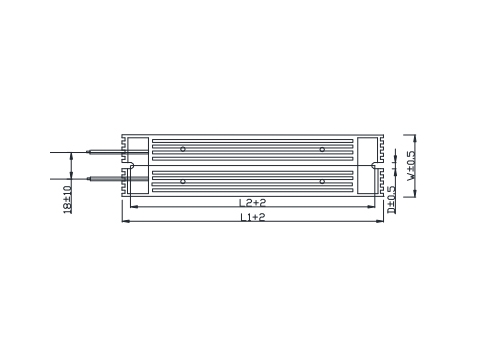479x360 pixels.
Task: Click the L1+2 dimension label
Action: tap(253, 217)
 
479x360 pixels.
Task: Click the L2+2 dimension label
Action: tap(252, 202)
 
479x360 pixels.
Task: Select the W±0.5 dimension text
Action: tap(411, 166)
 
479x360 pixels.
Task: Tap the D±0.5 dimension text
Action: tap(391, 200)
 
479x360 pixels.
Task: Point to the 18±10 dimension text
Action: tap(67, 199)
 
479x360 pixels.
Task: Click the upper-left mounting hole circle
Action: tap(183, 149)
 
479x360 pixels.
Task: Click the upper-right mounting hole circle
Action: tap(322, 149)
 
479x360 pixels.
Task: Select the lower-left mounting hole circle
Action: tap(183, 181)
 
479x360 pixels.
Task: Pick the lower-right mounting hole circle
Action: tap(322, 181)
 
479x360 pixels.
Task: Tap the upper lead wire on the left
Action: tap(99, 152)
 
